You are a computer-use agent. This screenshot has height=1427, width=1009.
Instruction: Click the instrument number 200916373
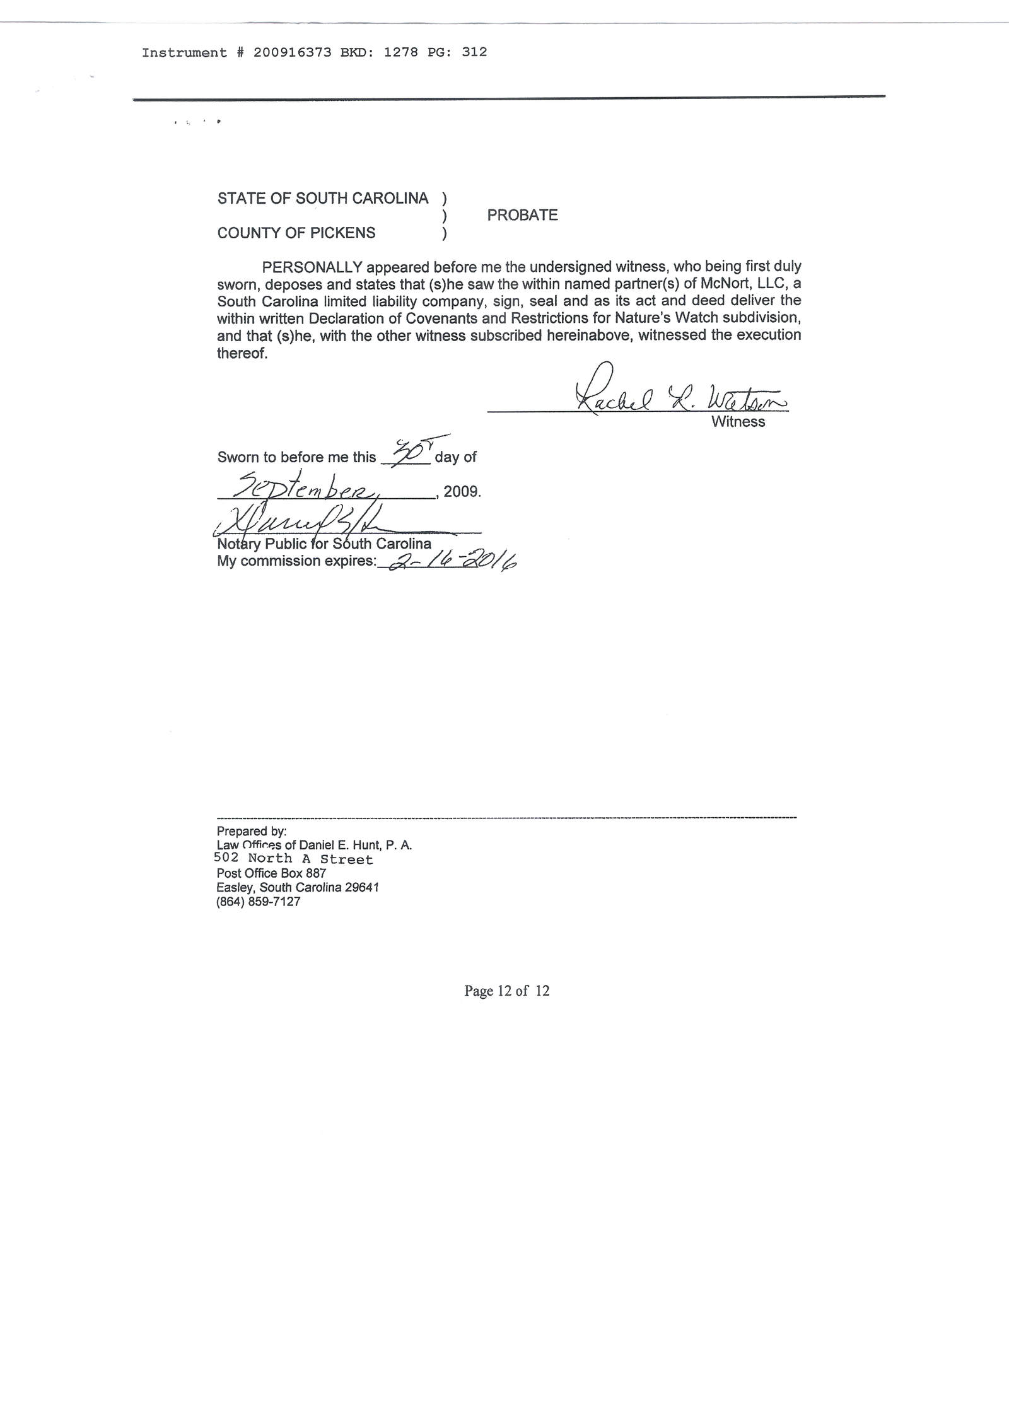[292, 52]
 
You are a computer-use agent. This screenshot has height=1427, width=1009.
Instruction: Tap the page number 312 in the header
[474, 52]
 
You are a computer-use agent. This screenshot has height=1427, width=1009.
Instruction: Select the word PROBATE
[522, 215]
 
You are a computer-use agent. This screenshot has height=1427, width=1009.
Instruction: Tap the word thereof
[242, 353]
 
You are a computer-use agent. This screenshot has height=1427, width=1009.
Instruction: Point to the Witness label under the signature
[738, 422]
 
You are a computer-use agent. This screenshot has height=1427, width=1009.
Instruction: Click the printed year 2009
[461, 491]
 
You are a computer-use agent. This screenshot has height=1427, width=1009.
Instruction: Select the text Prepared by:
[251, 831]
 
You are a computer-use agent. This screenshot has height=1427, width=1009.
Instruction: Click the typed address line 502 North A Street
[293, 859]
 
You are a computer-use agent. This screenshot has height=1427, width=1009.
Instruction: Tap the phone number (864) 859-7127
[258, 902]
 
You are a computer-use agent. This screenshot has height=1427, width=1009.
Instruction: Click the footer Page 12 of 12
[506, 991]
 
